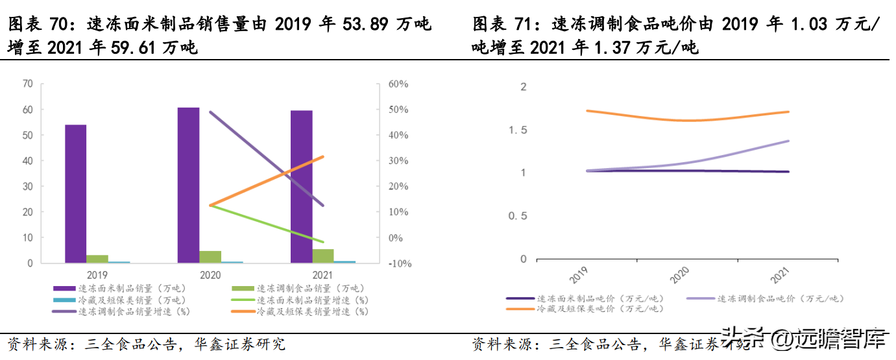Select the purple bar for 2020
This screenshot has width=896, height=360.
pyautogui.click(x=188, y=185)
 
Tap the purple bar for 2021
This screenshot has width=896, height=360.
pyautogui.click(x=302, y=186)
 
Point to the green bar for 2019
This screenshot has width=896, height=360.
pyautogui.click(x=97, y=259)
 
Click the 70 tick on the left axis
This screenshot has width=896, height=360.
pyautogui.click(x=27, y=84)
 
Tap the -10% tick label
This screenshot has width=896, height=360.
pyautogui.click(x=398, y=264)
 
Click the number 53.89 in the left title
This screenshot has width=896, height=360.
pyautogui.click(x=364, y=25)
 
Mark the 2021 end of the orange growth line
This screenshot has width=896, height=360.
pyautogui.click(x=323, y=156)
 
